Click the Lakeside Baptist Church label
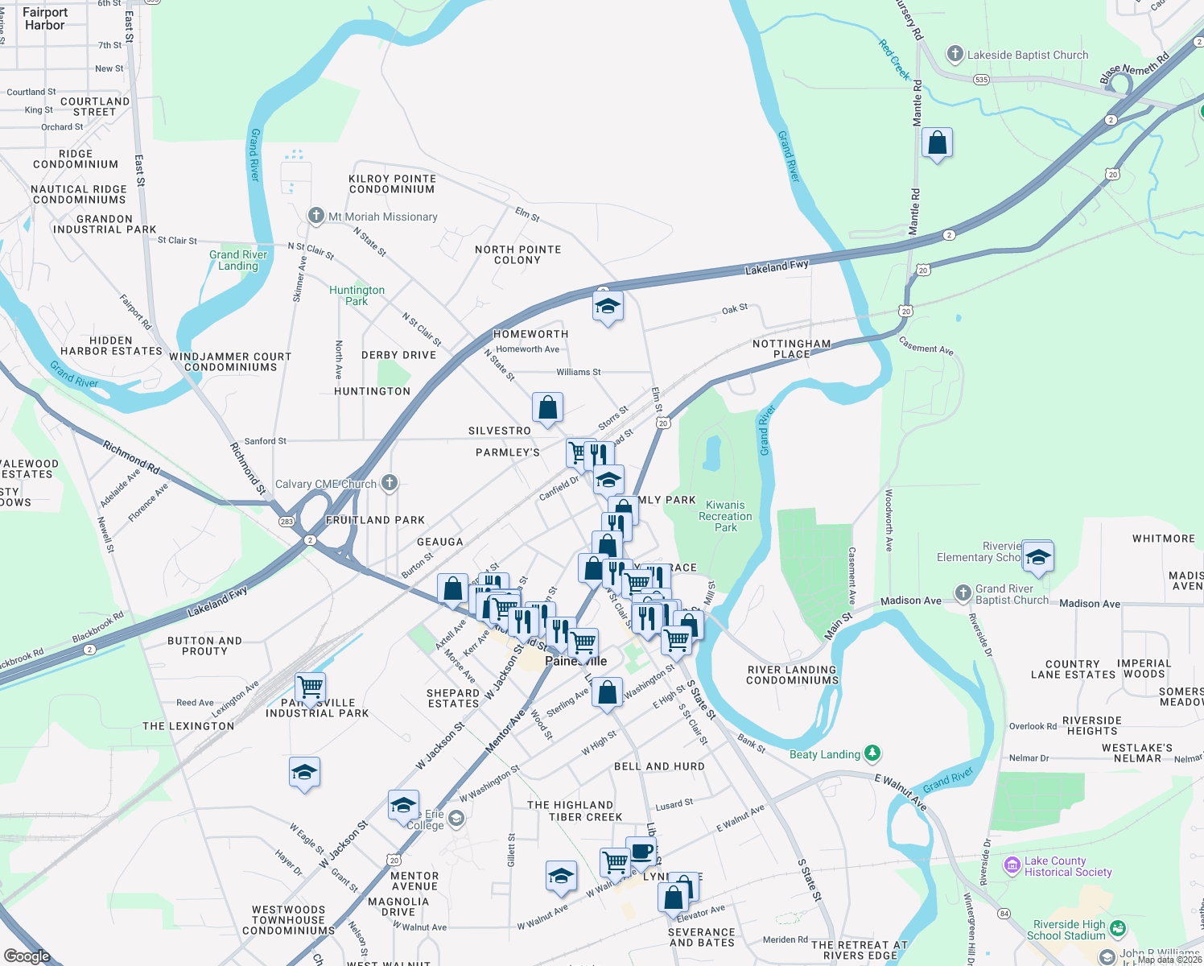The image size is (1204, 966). click(1027, 55)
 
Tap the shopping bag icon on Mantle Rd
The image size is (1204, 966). click(937, 143)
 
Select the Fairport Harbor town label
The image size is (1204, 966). click(45, 19)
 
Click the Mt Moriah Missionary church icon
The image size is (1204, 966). click(316, 216)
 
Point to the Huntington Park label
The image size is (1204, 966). click(357, 295)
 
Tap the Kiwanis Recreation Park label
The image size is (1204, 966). click(725, 516)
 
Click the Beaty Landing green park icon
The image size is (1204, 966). click(872, 753)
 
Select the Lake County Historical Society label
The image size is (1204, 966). click(1067, 866)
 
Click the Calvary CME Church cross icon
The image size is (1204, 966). click(390, 483)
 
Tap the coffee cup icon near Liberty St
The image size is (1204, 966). click(641, 851)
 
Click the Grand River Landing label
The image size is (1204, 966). click(238, 260)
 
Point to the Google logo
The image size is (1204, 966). click(27, 956)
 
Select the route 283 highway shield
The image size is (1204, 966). click(287, 522)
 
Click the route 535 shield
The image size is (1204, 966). click(981, 80)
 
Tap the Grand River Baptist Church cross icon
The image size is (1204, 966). click(963, 593)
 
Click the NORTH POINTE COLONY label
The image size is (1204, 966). click(517, 254)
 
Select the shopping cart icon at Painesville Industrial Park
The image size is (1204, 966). click(310, 687)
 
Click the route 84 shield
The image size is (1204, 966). click(1004, 913)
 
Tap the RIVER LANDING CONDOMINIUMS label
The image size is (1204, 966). click(792, 675)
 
